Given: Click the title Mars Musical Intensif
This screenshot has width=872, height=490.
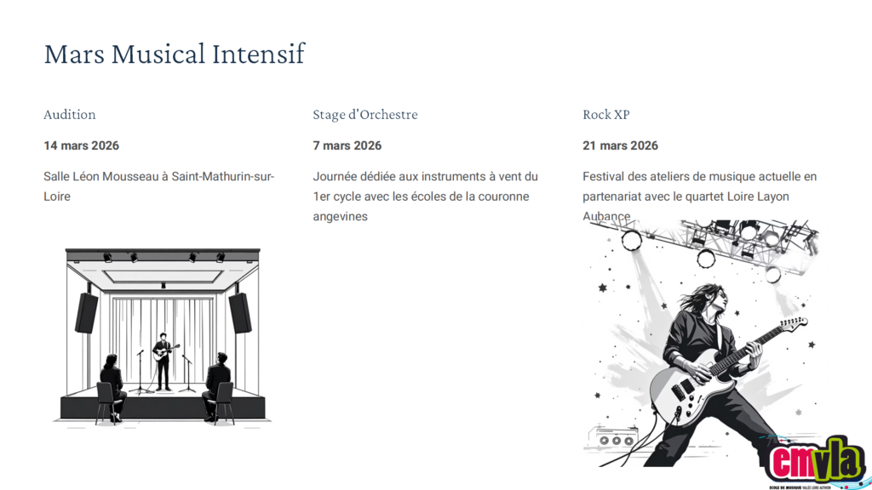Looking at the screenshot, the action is pyautogui.click(x=174, y=54).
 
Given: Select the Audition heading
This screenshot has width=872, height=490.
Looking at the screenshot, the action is pyautogui.click(x=70, y=115).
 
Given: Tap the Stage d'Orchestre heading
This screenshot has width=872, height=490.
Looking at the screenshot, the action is pyautogui.click(x=364, y=115).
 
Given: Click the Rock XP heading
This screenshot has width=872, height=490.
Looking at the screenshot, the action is pyautogui.click(x=605, y=115).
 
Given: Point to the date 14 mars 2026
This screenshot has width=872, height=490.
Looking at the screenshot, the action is pyautogui.click(x=81, y=145).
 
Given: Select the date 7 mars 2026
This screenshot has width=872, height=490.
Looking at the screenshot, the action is pyautogui.click(x=347, y=145).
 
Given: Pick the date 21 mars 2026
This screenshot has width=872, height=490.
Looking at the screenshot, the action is pyautogui.click(x=620, y=145).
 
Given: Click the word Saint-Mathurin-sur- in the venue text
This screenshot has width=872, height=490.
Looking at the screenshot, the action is pyautogui.click(x=222, y=177).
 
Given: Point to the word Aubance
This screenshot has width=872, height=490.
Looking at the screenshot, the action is pyautogui.click(x=606, y=216).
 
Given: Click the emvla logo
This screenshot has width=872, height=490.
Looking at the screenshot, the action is pyautogui.click(x=815, y=462).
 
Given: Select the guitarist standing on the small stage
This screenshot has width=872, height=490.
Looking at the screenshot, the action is pyautogui.click(x=163, y=361).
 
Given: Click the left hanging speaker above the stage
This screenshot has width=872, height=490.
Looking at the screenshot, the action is pyautogui.click(x=87, y=313).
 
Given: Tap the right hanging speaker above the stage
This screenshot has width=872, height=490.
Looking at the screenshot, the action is pyautogui.click(x=239, y=313).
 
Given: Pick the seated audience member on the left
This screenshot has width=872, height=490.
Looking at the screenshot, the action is pyautogui.click(x=113, y=387).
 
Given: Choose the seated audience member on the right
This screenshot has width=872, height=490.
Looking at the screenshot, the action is pyautogui.click(x=217, y=386).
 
